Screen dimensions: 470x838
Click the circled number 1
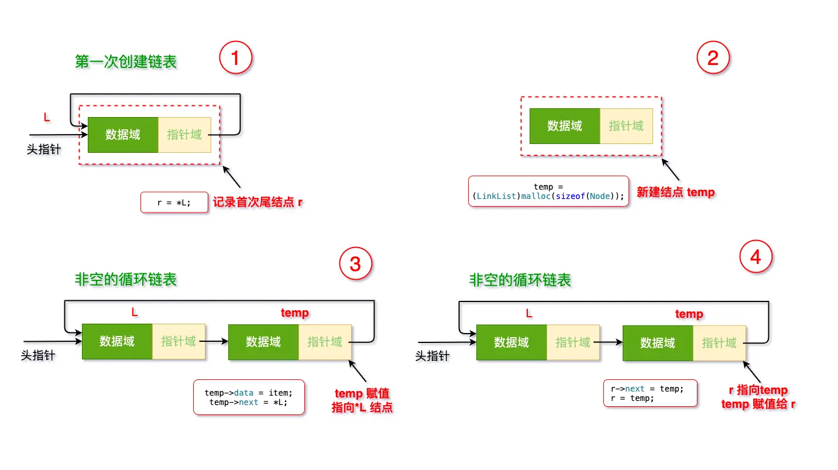[x=235, y=58]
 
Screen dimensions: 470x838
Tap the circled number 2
[x=713, y=58]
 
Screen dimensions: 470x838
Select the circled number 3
[x=355, y=265]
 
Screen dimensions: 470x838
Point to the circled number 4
[x=756, y=257]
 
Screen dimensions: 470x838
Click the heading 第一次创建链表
[x=126, y=61]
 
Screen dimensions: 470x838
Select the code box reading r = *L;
[x=174, y=203]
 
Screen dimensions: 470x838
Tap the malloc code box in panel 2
[x=548, y=191]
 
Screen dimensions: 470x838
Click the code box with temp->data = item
[x=249, y=397]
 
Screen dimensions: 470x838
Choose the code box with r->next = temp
[x=650, y=393]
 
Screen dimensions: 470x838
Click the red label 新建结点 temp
[x=675, y=192]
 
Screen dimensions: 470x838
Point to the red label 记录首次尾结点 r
[x=257, y=203]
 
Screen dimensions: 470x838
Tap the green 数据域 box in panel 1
[x=123, y=135]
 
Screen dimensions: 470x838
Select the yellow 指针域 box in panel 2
[x=626, y=126]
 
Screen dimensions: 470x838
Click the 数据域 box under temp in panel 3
[x=263, y=342]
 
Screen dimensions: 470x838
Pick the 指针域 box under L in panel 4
[x=573, y=342]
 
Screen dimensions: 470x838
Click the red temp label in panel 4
[x=689, y=314]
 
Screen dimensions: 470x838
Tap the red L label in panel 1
[x=47, y=118]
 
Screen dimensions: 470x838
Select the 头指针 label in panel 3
[x=39, y=355]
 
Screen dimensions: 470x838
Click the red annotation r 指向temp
[x=758, y=390]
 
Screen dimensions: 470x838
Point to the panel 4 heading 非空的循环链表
[x=520, y=280]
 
